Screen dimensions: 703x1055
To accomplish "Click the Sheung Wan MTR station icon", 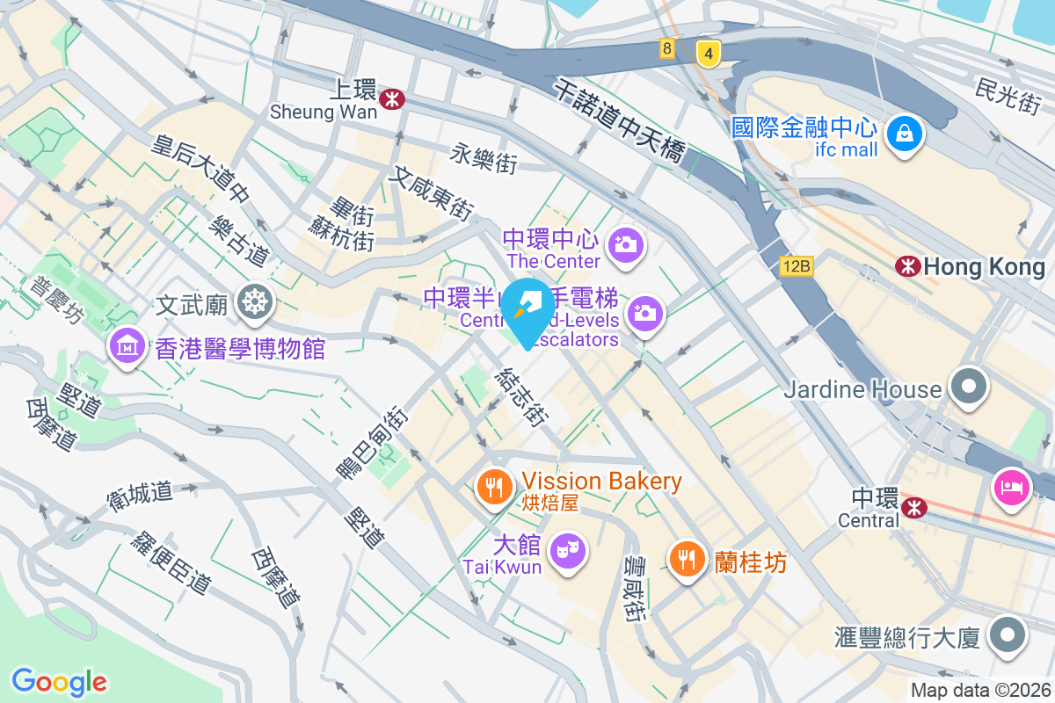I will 391,99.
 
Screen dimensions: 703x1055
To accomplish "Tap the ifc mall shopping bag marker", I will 904,134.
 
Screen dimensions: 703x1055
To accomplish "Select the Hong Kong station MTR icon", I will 906,265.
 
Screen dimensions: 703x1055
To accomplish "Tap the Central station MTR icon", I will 914,507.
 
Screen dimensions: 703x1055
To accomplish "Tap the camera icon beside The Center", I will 626,243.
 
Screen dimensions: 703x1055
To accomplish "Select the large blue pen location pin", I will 525,311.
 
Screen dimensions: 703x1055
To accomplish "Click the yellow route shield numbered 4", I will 708,53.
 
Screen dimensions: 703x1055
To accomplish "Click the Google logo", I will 59,681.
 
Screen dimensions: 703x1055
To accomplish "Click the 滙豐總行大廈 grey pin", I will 1008,634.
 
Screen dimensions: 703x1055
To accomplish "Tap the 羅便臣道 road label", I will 171,562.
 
